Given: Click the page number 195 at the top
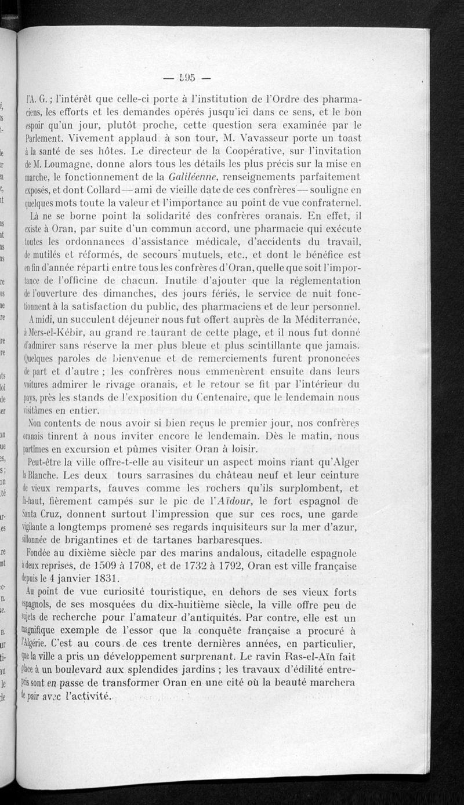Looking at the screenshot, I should point(186,77).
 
